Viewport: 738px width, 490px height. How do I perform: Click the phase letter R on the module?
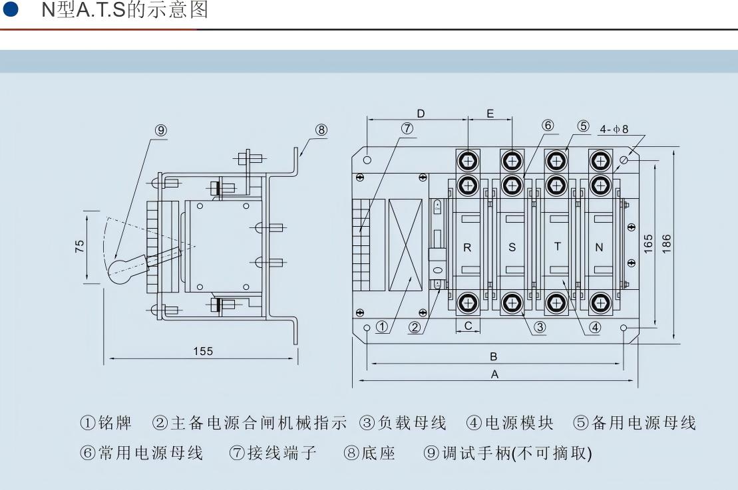467,247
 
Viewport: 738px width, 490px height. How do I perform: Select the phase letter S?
512,247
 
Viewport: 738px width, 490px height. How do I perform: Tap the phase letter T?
558,246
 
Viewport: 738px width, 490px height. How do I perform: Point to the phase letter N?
599,247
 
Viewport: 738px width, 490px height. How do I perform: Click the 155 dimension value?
203,351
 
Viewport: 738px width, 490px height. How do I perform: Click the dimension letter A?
494,374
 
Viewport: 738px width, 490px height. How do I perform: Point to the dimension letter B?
493,356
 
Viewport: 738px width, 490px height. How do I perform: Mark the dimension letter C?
468,326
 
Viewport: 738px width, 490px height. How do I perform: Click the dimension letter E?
490,114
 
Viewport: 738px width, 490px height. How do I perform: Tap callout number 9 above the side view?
161,130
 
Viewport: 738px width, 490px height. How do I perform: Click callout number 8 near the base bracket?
321,130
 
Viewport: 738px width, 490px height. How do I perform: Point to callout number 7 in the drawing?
407,128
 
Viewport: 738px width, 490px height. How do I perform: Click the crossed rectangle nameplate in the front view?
405,245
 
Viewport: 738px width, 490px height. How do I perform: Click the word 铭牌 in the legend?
115,423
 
